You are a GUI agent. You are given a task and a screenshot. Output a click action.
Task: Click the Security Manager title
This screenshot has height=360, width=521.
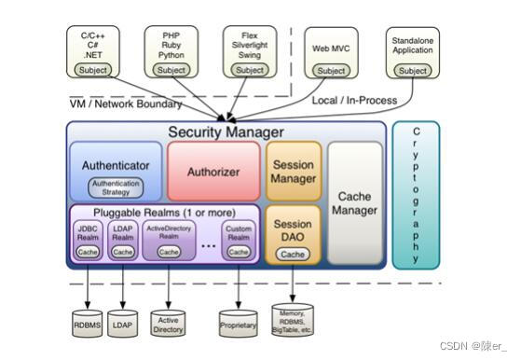[x=226, y=132]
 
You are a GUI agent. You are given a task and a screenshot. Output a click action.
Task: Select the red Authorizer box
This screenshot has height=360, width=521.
[x=213, y=172]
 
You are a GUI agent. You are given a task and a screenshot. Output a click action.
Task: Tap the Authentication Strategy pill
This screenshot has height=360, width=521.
[x=115, y=187]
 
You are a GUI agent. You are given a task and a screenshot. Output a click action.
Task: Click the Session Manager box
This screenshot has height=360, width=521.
[x=294, y=172]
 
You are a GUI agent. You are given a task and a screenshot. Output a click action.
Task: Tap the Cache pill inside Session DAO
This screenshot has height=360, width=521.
[x=293, y=255]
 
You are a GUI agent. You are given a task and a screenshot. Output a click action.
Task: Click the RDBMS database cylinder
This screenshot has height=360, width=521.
[x=89, y=324]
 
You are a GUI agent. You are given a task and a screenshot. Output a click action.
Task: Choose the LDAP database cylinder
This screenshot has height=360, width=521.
[x=122, y=324]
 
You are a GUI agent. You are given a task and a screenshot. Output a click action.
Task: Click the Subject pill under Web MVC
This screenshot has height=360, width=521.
[x=331, y=71]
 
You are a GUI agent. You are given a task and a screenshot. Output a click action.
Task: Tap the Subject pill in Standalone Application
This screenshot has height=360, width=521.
[x=412, y=71]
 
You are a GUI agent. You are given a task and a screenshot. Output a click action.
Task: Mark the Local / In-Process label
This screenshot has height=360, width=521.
[x=353, y=100]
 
